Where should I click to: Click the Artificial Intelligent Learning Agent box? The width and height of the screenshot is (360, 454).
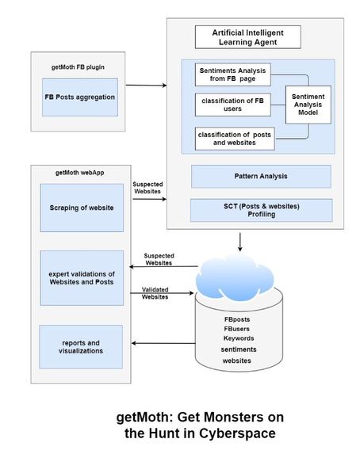click(248, 37)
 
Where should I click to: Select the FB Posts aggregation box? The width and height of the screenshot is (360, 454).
click(80, 97)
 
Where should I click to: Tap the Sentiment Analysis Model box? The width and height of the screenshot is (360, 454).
click(308, 105)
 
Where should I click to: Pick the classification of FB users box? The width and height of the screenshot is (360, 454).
click(233, 105)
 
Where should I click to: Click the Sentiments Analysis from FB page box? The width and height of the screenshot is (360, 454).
click(233, 74)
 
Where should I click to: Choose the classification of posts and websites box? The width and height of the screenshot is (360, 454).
click(235, 139)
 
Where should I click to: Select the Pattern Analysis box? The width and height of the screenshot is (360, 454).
click(261, 177)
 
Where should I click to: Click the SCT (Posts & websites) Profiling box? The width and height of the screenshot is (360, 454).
click(262, 210)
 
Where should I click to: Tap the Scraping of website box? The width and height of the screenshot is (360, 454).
click(82, 208)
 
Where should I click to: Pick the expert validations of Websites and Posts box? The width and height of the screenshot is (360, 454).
click(82, 278)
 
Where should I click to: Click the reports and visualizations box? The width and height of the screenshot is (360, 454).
click(81, 347)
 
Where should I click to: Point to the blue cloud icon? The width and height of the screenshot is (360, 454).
click(235, 278)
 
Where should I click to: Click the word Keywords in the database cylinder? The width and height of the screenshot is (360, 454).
click(239, 338)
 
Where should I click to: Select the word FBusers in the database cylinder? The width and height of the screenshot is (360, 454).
click(236, 329)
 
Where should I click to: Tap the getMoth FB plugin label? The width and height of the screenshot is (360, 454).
click(78, 67)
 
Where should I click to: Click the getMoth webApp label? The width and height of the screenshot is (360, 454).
click(80, 173)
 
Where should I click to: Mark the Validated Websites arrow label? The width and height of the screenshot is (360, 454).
click(155, 293)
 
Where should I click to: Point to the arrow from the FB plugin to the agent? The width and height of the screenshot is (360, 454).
click(146, 85)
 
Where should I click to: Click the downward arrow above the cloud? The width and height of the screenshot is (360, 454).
click(240, 242)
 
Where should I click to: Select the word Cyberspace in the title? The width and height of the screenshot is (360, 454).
click(237, 433)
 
